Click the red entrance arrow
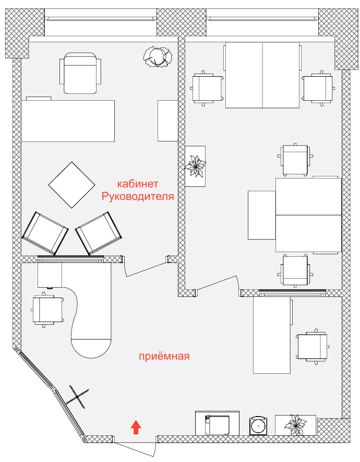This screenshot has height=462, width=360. pos(136,427)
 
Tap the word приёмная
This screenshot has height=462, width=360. pos(164,356)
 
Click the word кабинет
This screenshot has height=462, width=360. pos(138,184)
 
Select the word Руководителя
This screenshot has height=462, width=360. pos(138,196)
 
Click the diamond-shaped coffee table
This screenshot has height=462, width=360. pos(71,185)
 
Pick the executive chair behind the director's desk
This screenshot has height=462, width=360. pos(80,73)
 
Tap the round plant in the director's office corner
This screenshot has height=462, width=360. pos(158,56)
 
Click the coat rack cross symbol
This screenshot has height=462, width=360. pos(77,397)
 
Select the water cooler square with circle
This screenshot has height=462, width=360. pos(258,426)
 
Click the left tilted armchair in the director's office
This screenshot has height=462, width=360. pos(45,233)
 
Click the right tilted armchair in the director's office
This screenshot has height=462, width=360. pos(99,233)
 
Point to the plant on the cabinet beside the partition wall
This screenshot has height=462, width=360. pos(195,166)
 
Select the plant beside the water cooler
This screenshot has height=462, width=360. pos(295,425)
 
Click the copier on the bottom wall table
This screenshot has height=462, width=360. pos(217,424)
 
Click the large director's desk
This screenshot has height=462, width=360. pos(68,121)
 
